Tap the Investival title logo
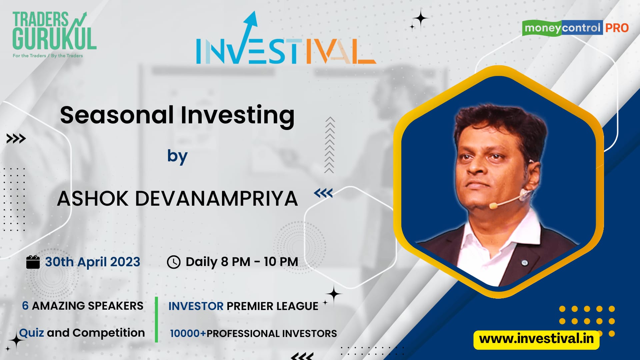(x=286, y=38)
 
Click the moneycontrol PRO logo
(x=575, y=28)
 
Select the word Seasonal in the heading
(x=117, y=115)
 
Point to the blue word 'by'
(x=177, y=156)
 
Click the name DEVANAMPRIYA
(x=216, y=199)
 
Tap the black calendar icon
(x=33, y=262)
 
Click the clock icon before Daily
(x=173, y=262)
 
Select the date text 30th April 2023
(x=93, y=262)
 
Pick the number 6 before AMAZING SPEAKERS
(x=25, y=306)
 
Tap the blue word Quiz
(x=31, y=333)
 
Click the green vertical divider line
(x=156, y=319)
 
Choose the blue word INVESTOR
(x=196, y=306)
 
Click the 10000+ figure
(x=188, y=333)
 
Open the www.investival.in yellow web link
(x=536, y=339)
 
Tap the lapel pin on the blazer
(x=524, y=263)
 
